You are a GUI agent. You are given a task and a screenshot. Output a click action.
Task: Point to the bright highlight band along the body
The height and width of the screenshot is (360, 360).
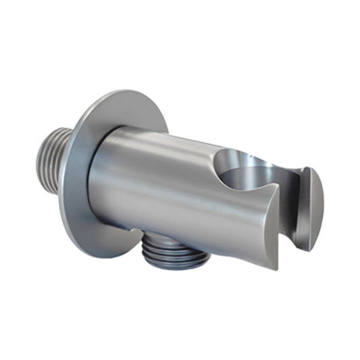(x=162, y=162)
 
